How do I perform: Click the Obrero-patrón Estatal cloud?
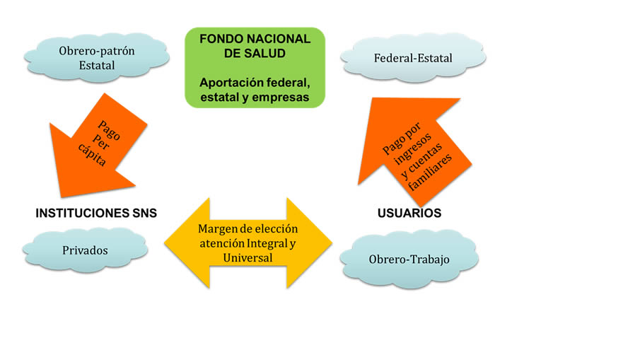(x=97, y=58)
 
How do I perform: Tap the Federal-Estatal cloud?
(x=412, y=59)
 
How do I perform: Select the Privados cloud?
(x=85, y=250)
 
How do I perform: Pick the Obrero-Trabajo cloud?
(x=409, y=259)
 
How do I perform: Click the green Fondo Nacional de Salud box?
(x=255, y=67)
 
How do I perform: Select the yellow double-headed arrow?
(x=248, y=243)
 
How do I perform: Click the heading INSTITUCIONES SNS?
(x=96, y=213)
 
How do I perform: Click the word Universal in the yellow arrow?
(x=248, y=258)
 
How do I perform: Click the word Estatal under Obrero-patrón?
(x=97, y=66)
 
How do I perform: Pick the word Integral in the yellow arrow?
(x=265, y=243)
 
